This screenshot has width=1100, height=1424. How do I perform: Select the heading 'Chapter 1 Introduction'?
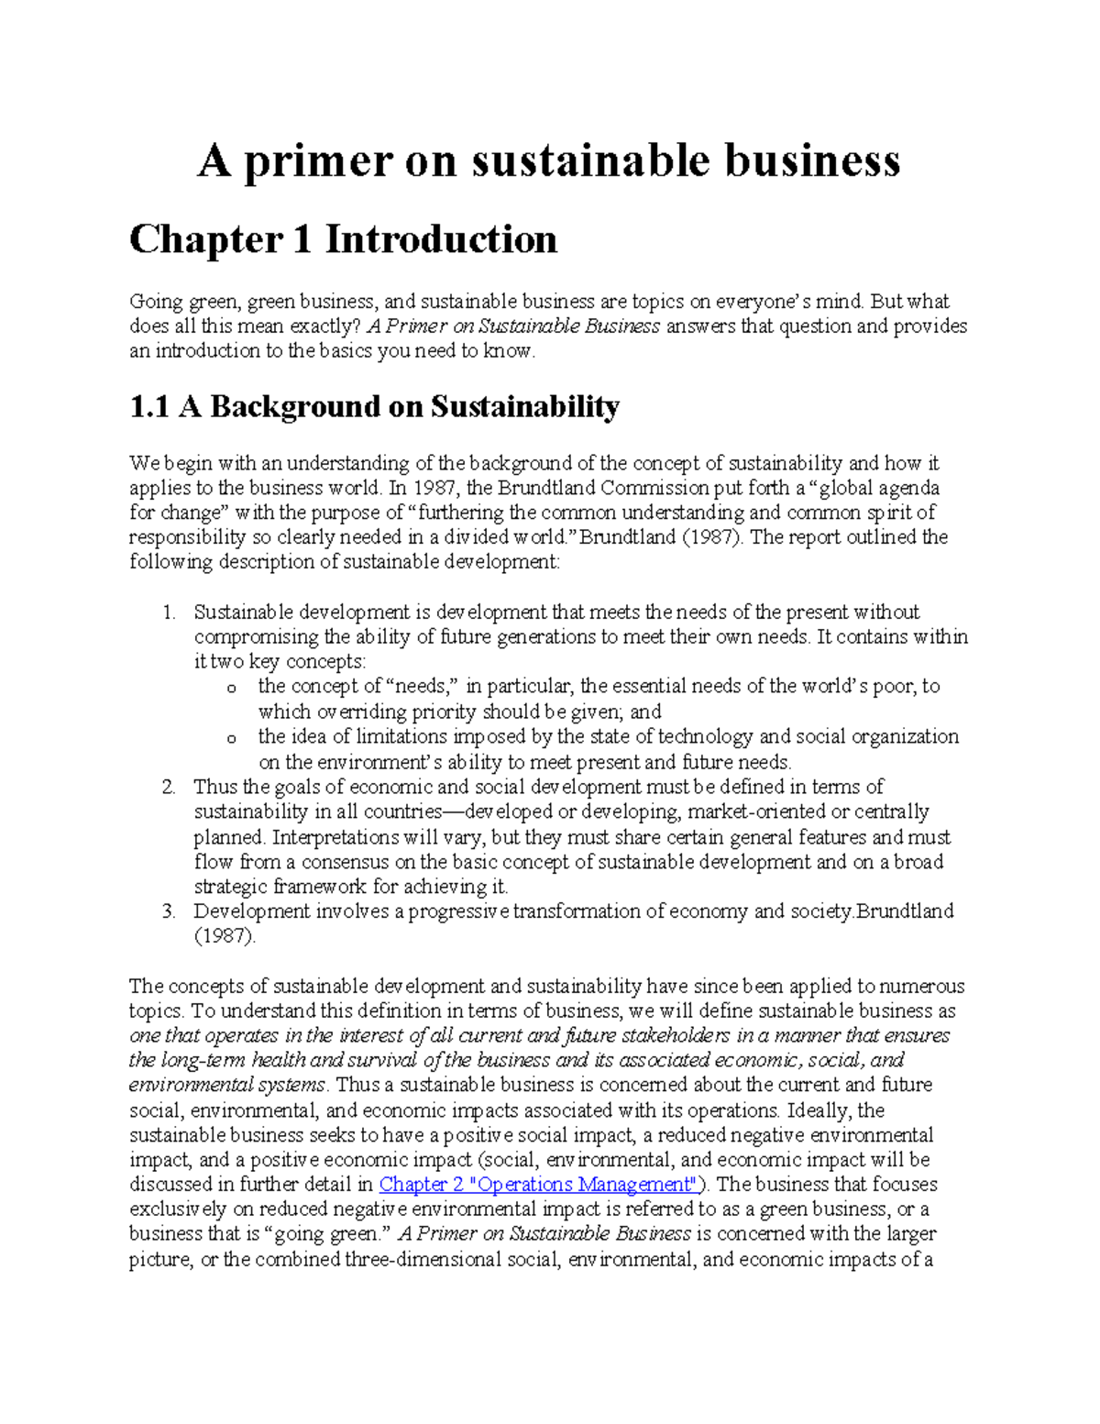coord(343,240)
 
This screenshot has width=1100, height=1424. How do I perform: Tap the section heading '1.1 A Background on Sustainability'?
coord(374,406)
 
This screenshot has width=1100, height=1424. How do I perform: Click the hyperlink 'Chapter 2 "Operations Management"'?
coord(538,1185)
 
